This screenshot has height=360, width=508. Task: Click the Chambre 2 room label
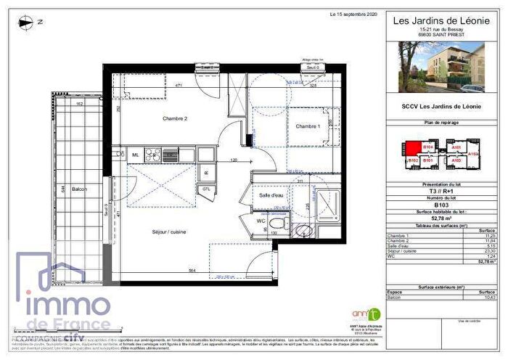(x=155, y=118)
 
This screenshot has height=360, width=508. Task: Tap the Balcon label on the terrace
(x=79, y=189)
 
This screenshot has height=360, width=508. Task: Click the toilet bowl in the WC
(x=276, y=227)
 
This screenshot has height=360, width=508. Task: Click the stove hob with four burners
(x=153, y=155)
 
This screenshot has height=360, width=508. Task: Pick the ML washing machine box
(x=135, y=155)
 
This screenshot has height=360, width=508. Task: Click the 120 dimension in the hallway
(x=234, y=160)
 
